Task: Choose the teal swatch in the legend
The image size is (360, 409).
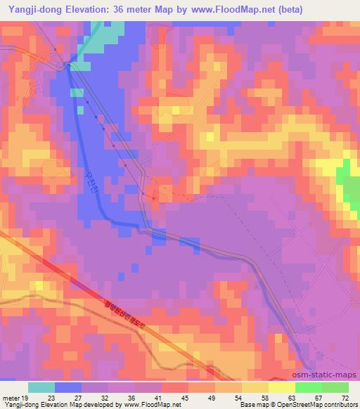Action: tap(41, 387)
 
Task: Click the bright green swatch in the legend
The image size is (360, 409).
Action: tap(308, 387)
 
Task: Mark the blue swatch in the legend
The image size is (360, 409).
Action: tap(68, 387)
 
